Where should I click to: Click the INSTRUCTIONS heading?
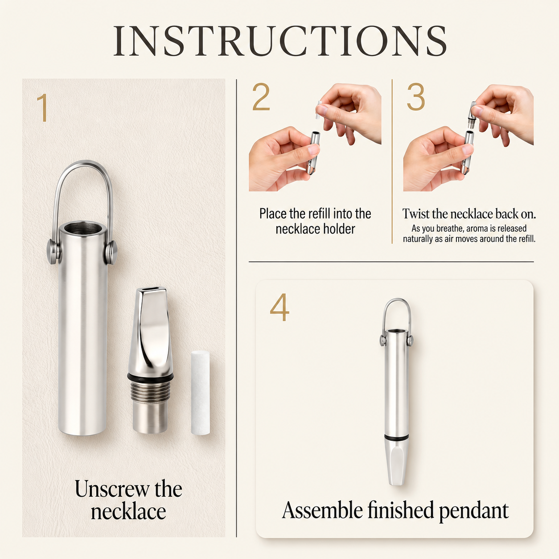[x=279, y=41]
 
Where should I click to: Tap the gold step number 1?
[x=43, y=107]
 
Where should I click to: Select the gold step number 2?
[x=261, y=97]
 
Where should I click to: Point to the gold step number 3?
[x=416, y=97]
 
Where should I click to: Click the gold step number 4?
[x=279, y=307]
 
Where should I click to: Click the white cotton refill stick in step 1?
[x=201, y=393]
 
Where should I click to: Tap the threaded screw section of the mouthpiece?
[x=150, y=391]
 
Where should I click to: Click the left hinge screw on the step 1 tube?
[x=53, y=252]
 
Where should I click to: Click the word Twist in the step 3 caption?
[x=416, y=214]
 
